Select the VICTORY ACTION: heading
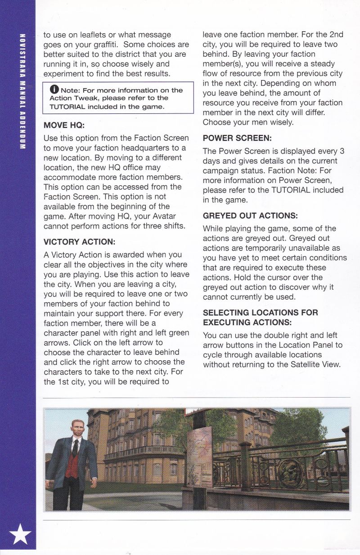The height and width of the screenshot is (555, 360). point(79,241)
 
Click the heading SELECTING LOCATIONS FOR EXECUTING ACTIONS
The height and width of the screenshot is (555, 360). point(260,317)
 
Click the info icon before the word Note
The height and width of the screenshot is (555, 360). point(54,90)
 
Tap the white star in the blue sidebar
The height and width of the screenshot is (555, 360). point(21,534)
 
